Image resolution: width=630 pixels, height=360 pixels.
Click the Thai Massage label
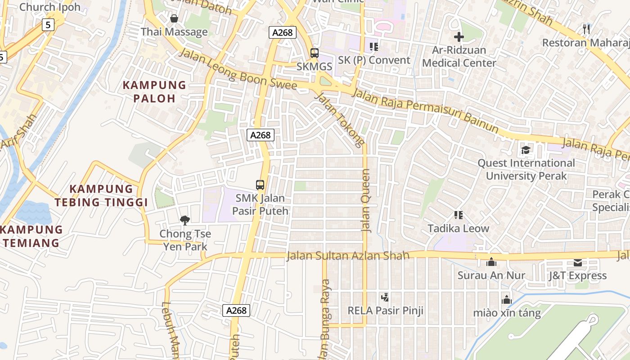[x=174, y=32]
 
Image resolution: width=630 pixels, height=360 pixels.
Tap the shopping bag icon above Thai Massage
[x=174, y=18]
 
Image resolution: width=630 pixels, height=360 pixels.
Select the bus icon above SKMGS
[x=315, y=53]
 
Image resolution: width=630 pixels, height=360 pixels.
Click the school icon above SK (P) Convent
[x=373, y=46]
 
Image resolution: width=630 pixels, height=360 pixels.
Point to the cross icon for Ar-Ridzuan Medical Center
[x=459, y=36]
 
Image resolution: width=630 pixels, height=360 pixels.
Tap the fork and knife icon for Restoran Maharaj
[x=586, y=29]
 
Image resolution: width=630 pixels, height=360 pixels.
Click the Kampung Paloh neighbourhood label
[x=154, y=91]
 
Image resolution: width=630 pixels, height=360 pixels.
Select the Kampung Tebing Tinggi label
[x=101, y=195]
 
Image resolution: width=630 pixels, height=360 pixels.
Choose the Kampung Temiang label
[x=31, y=236]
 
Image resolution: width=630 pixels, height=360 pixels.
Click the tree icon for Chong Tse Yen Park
[x=184, y=220]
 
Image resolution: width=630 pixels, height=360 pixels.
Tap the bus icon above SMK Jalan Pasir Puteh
[x=260, y=184]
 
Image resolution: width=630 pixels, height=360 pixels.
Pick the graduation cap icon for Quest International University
[x=526, y=150]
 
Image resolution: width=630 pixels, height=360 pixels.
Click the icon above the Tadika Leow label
[x=458, y=215]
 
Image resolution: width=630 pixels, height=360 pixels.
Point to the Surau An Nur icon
[x=491, y=262]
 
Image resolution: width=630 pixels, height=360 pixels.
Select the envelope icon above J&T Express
[x=578, y=262]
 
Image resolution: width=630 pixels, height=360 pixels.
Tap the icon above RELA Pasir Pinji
[x=385, y=297]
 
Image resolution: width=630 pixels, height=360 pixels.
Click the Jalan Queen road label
[x=366, y=200]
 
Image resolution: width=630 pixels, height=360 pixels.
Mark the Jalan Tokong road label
[x=339, y=119]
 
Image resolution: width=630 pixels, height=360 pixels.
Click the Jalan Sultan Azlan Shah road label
[x=348, y=256]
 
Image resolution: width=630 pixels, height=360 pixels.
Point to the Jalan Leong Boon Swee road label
[x=238, y=70]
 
